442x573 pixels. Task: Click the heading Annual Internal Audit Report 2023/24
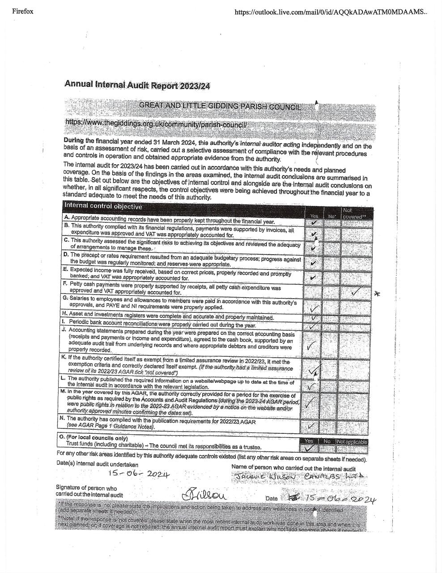(x=137, y=85)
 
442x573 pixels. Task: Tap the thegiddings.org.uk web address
(x=156, y=123)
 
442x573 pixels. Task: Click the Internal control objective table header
(x=103, y=206)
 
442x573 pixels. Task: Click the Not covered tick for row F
(x=356, y=292)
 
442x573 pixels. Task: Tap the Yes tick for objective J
(x=312, y=345)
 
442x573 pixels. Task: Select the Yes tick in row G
(x=314, y=308)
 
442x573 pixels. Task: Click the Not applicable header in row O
(x=352, y=441)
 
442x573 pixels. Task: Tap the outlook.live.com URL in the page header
(x=331, y=12)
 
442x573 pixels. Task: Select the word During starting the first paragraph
(x=73, y=140)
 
